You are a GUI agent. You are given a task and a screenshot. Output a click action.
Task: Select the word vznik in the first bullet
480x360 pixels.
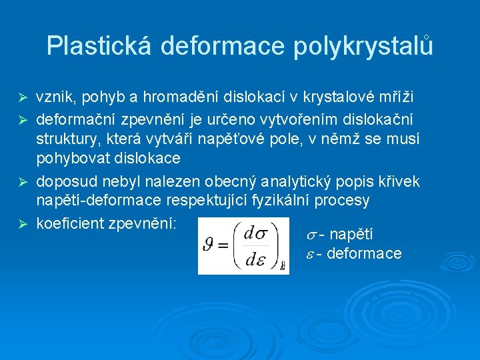(x=52, y=97)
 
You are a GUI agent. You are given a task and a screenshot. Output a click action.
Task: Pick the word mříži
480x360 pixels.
(x=397, y=97)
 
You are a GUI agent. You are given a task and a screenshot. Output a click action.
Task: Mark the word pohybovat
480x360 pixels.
(x=73, y=159)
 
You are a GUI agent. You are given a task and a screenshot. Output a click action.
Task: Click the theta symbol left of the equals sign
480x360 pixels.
(x=209, y=246)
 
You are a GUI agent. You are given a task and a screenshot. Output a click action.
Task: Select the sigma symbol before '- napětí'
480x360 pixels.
(x=311, y=235)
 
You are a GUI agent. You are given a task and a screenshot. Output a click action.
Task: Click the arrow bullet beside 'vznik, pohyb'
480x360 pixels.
(x=21, y=97)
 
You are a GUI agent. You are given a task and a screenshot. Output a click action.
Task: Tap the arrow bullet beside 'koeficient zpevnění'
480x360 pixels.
(x=21, y=223)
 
